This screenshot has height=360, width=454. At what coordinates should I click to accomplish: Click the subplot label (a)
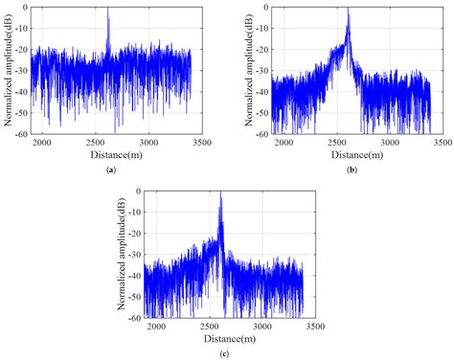111,169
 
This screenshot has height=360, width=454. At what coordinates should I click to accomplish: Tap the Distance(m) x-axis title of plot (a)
113,154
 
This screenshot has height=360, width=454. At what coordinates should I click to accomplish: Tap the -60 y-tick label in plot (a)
21,132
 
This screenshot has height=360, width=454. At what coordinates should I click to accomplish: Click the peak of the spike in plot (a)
108,9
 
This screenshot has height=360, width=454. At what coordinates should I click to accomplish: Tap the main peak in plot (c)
221,193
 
